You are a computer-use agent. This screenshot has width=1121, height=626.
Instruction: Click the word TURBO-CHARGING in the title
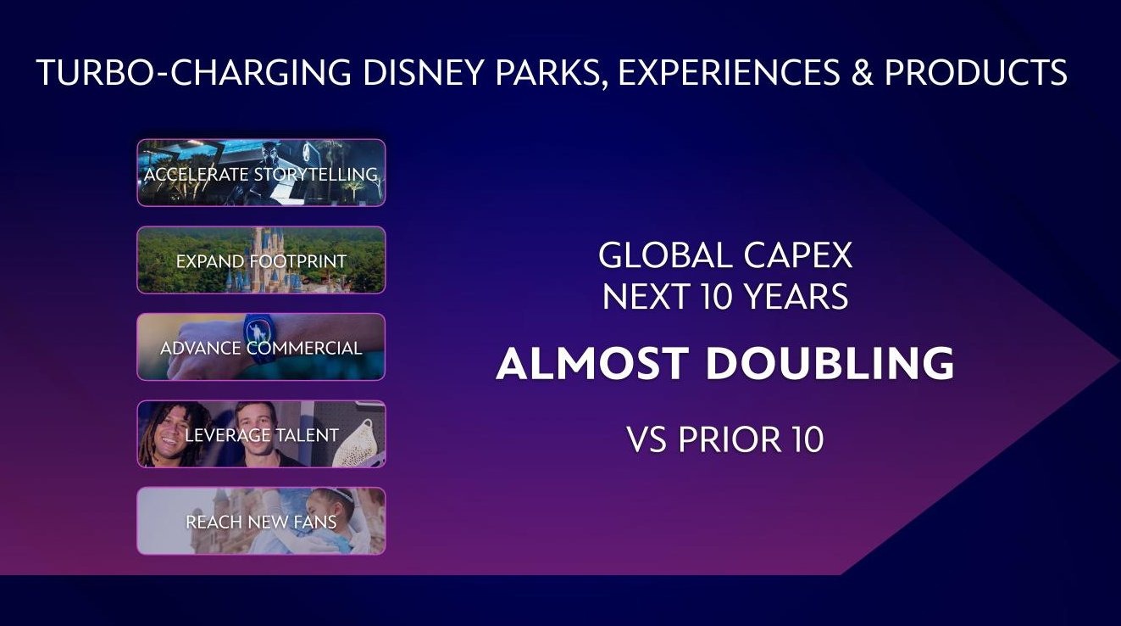(194, 73)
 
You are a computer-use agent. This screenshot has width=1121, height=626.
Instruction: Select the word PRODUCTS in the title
(976, 73)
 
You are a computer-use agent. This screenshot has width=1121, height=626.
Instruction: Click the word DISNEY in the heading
(425, 73)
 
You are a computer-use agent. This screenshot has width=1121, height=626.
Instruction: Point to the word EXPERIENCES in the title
(729, 73)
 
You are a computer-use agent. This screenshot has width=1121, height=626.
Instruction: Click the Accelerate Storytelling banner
(261, 173)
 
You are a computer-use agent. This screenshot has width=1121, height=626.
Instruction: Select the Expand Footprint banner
(261, 260)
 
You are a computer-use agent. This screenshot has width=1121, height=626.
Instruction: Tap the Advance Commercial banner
(261, 347)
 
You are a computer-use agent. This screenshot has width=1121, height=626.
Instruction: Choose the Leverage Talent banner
(261, 434)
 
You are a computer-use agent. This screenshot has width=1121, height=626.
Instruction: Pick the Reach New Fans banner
(261, 522)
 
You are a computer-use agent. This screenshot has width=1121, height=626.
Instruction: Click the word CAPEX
(797, 255)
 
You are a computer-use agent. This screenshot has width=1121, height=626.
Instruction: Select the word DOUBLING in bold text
(830, 363)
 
